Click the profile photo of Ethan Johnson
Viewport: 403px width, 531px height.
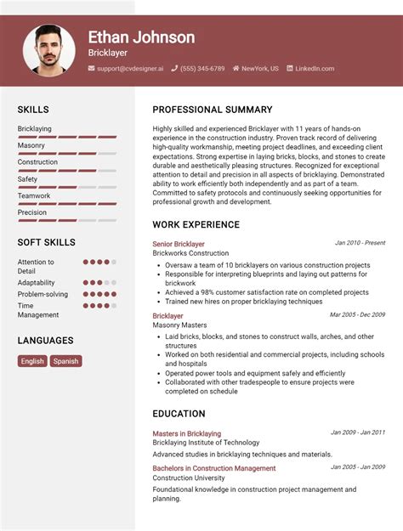[x=48, y=49]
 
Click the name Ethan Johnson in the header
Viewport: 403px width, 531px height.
[x=141, y=37]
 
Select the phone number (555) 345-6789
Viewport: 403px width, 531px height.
[x=202, y=69]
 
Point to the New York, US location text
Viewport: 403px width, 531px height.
[x=259, y=69]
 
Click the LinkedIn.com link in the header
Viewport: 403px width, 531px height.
[x=315, y=69]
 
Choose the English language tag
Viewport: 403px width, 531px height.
[x=32, y=361]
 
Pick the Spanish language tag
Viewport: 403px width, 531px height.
[x=65, y=361]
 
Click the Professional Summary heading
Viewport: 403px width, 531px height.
[x=213, y=110]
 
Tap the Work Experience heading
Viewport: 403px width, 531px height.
[x=196, y=225]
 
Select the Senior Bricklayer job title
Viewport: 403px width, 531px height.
[x=179, y=244]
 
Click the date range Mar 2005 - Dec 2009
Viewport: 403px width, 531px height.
[x=357, y=315]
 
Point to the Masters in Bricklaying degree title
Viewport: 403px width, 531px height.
[x=186, y=433]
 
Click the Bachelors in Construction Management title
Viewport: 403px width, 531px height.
[x=214, y=468]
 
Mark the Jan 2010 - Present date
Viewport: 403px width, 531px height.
[x=360, y=243]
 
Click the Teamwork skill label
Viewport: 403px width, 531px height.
[x=34, y=196]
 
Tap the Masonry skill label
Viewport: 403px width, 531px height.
[x=31, y=145]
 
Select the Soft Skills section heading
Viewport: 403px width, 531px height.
[x=46, y=243]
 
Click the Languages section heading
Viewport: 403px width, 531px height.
[x=46, y=341]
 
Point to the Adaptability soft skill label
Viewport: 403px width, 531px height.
[x=37, y=283]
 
